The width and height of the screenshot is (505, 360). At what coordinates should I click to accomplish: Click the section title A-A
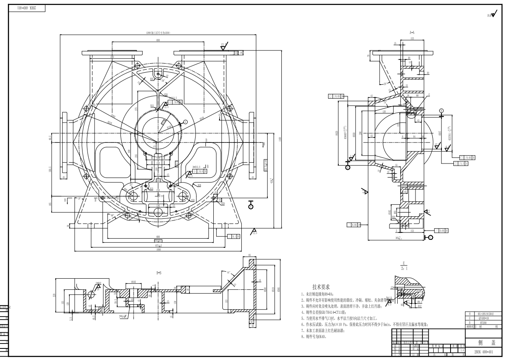click(412, 32)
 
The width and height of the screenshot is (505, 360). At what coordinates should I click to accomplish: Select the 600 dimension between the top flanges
click(158, 41)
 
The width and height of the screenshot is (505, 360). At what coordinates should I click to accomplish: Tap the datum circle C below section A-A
click(431, 237)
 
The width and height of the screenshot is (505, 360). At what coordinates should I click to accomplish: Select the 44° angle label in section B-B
click(228, 273)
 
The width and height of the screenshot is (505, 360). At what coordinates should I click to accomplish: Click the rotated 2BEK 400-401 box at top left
click(26, 7)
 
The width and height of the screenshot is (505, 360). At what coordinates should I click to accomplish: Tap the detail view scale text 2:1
click(404, 268)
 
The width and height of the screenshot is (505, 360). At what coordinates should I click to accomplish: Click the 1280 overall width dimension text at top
click(155, 33)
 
